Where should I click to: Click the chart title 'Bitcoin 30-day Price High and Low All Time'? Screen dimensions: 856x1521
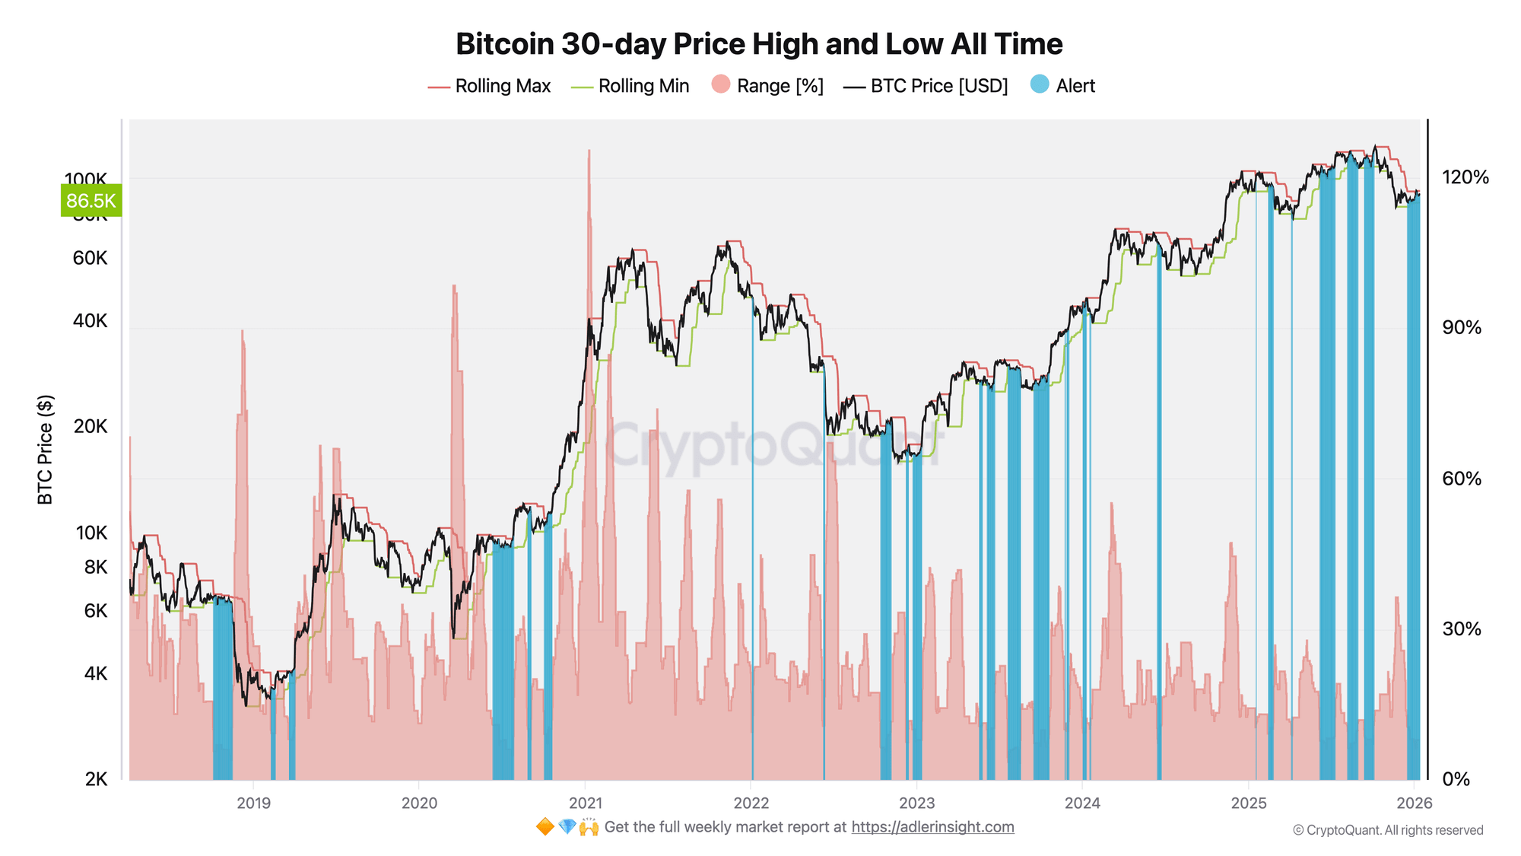point(759,44)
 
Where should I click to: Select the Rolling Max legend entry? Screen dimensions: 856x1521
point(489,86)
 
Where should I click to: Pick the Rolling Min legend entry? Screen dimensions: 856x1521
point(630,86)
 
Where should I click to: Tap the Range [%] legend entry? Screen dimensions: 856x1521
point(767,86)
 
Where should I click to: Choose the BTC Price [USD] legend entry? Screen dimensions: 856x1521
point(926,86)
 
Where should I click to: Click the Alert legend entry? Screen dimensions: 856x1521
point(1062,86)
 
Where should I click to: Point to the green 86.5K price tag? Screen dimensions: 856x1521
point(90,201)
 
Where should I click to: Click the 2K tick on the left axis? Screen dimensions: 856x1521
point(96,778)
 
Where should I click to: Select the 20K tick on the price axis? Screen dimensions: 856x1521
point(90,426)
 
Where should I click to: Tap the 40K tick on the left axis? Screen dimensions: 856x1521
point(90,321)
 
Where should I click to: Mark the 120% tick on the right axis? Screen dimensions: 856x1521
point(1465,177)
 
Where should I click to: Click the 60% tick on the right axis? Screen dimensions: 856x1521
point(1462,479)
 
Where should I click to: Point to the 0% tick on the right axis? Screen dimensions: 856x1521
point(1456,779)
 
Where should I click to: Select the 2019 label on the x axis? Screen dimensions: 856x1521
point(253,803)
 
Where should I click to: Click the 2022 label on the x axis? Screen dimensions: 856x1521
point(751,803)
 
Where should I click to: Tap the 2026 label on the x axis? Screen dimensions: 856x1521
point(1415,803)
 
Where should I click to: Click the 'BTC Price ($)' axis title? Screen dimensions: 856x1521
point(46,449)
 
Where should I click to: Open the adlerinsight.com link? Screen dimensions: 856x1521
point(932,827)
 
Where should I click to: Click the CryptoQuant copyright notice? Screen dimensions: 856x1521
point(1388,830)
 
